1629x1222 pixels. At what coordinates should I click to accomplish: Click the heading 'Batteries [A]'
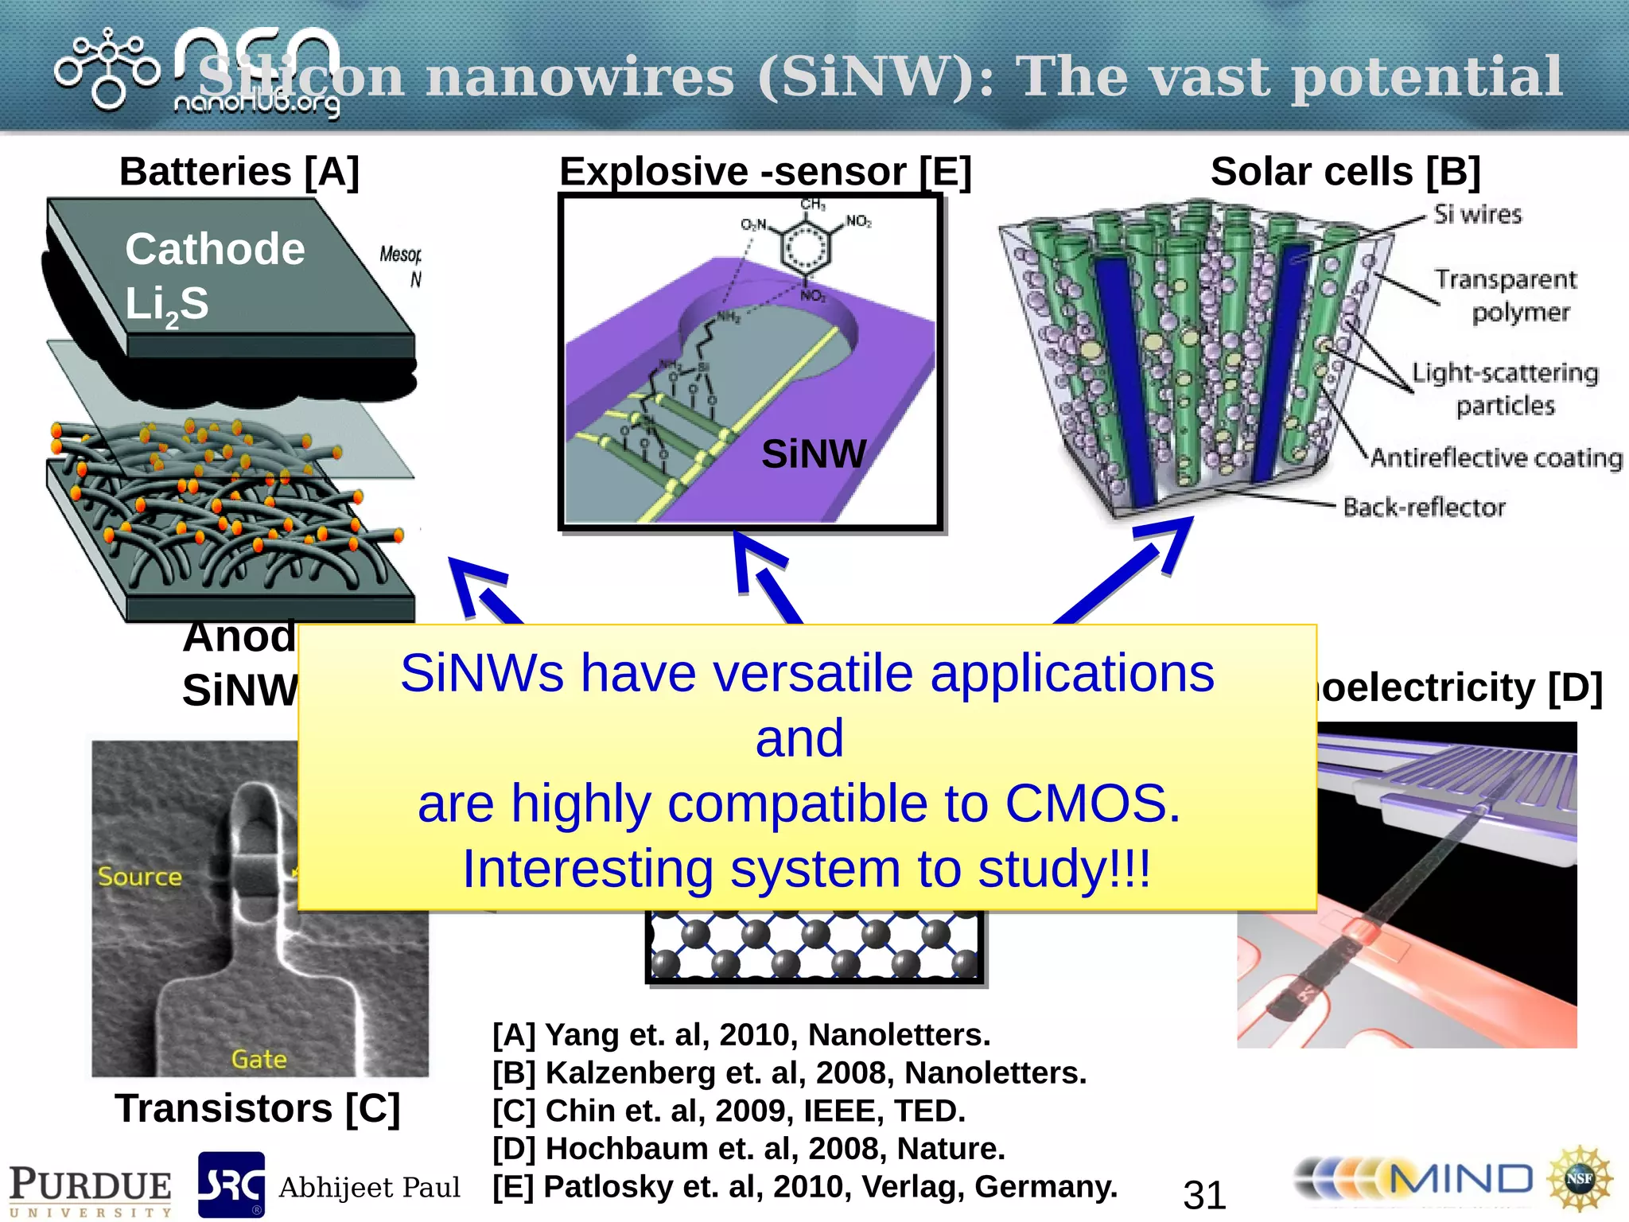click(239, 172)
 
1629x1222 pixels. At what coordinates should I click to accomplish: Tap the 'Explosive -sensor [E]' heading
click(765, 172)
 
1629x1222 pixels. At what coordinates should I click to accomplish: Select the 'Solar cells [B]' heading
click(1345, 172)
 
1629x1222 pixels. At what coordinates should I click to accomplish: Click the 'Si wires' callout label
click(1477, 215)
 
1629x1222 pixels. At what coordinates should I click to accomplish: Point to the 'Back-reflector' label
click(1424, 508)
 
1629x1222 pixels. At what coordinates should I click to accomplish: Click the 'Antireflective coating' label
click(1495, 458)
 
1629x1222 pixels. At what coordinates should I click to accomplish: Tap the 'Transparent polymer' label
click(1506, 295)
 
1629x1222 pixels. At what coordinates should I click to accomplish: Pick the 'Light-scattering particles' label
click(1505, 389)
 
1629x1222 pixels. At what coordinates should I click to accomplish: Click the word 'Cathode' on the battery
click(215, 249)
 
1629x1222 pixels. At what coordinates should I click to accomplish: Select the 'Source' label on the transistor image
click(140, 877)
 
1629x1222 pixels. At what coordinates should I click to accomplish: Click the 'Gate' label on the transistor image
click(259, 1060)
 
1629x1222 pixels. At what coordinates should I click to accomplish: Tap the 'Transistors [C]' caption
click(257, 1108)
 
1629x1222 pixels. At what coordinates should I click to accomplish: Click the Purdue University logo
click(90, 1190)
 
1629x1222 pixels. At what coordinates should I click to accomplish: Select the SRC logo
click(231, 1185)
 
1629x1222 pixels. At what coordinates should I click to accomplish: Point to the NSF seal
click(1579, 1179)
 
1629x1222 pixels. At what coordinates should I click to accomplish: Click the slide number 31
click(1204, 1194)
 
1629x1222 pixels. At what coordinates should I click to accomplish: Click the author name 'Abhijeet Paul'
click(369, 1188)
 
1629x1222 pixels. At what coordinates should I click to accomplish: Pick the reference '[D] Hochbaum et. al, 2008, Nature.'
click(748, 1149)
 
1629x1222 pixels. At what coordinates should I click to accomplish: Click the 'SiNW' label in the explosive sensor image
click(813, 454)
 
